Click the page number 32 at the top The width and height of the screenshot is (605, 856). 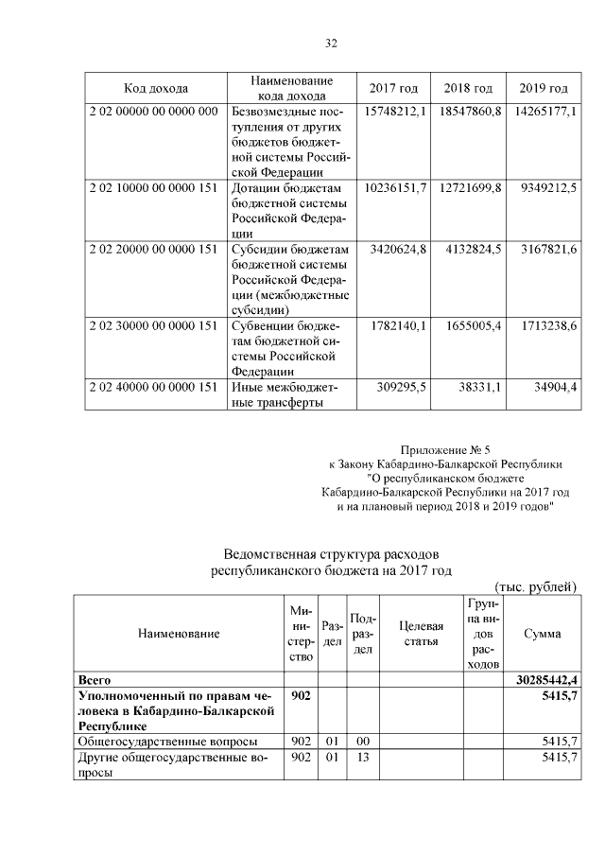331,43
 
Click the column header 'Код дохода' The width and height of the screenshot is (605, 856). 156,89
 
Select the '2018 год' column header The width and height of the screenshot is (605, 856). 468,89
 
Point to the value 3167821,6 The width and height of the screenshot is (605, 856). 545,249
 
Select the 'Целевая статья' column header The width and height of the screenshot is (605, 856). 422,634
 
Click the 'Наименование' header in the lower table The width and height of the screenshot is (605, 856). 179,634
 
